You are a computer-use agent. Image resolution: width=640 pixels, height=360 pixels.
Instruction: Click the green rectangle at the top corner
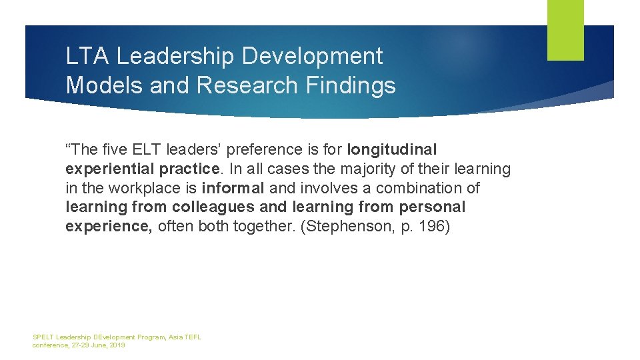point(565,30)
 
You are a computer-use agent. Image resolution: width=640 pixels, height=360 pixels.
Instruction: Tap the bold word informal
point(233,188)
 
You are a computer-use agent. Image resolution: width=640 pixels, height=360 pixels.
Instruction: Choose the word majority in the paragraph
point(369,169)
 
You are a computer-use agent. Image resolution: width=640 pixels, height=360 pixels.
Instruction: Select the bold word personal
point(432,207)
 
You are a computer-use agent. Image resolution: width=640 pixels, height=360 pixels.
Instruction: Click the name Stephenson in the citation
point(346,226)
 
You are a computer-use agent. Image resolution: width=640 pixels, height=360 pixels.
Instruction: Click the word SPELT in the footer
point(43,337)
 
